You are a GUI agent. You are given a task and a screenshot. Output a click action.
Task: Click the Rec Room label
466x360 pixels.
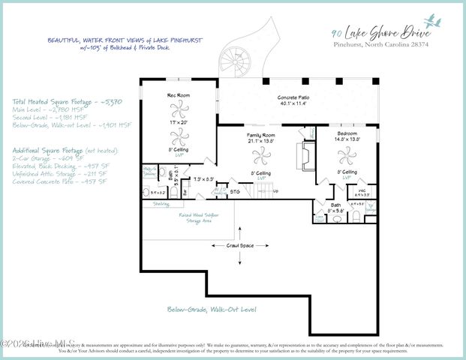coord(177,95)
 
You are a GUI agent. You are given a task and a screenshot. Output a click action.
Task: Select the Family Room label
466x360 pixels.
coord(262,134)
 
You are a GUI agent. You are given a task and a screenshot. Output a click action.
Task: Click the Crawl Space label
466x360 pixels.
coord(240,245)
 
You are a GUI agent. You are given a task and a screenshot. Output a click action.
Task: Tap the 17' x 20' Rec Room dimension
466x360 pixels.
coord(177,121)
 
